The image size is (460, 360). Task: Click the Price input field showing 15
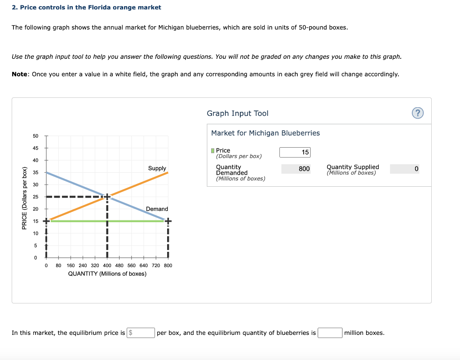click(x=295, y=152)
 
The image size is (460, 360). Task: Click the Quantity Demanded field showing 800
click(x=296, y=169)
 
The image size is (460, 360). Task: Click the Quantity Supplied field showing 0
click(x=404, y=169)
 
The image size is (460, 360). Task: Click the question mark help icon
click(x=417, y=113)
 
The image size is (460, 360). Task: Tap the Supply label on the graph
click(x=157, y=168)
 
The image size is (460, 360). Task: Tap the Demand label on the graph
click(x=157, y=209)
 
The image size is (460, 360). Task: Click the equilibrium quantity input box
click(x=330, y=333)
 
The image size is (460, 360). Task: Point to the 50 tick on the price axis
click(x=35, y=136)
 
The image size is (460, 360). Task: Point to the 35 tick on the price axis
click(x=35, y=172)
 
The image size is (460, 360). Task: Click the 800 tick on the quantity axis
click(x=168, y=265)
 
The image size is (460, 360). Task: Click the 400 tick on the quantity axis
click(x=107, y=265)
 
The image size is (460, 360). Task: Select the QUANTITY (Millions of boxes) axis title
click(x=107, y=274)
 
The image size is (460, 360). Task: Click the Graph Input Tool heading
click(x=237, y=114)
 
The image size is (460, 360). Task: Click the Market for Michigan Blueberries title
click(x=265, y=133)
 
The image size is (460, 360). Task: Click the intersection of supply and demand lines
click(x=107, y=197)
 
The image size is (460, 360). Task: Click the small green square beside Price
click(x=213, y=150)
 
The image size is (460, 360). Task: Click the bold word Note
click(x=20, y=74)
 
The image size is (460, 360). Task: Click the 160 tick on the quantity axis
click(x=71, y=265)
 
